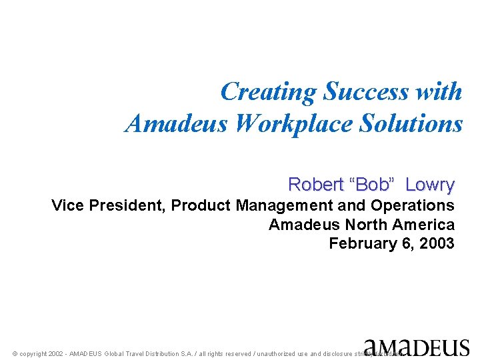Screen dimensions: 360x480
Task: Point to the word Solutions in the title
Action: [410, 123]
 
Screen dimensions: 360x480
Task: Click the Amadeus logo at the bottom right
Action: [416, 347]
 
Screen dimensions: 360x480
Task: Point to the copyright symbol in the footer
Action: [15, 354]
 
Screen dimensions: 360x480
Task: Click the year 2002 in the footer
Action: [57, 354]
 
